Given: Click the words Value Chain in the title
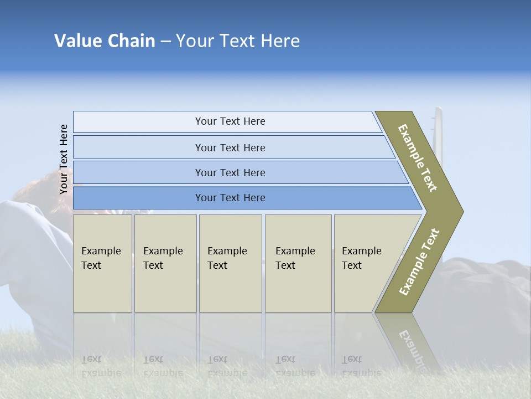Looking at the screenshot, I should tap(105, 41).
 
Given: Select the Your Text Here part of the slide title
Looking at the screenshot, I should tap(238, 41).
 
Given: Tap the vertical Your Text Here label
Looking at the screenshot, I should tap(64, 159).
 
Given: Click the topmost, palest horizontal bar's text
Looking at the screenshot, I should tap(230, 121).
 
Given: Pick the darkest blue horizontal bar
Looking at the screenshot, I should tap(230, 198).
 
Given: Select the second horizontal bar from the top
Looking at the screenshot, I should tap(230, 147).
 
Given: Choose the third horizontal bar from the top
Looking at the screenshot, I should tap(230, 173).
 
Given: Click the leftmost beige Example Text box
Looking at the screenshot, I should tap(102, 263).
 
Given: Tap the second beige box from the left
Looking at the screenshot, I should tap(165, 263).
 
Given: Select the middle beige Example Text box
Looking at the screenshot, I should tap(230, 263).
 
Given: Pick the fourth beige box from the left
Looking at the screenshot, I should tap(298, 263).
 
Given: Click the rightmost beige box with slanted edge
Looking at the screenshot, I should tap(365, 263).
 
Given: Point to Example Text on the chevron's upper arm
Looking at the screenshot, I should tap(418, 158).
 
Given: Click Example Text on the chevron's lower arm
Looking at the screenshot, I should tap(419, 262).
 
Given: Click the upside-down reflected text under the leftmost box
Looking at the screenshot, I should tap(101, 366).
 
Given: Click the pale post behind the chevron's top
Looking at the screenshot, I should tap(439, 127).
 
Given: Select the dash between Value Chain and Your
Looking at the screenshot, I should tap(165, 42).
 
